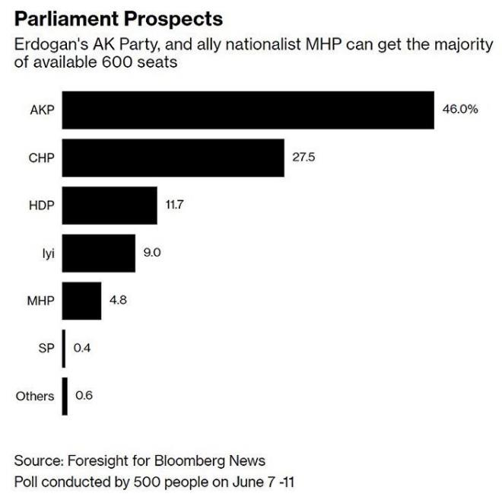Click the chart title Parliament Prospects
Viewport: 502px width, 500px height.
click(119, 19)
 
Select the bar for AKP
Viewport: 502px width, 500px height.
click(248, 110)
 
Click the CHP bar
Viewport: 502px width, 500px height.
click(173, 158)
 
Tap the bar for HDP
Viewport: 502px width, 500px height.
click(110, 205)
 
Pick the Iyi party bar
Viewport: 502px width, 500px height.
click(99, 253)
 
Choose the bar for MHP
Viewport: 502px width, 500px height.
click(81, 301)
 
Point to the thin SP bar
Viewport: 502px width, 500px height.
click(65, 349)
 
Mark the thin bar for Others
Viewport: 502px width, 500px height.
click(65, 396)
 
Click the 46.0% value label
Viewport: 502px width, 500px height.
click(460, 110)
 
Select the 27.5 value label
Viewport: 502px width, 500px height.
click(304, 158)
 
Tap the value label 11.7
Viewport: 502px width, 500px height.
click(176, 205)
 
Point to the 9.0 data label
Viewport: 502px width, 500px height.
click(152, 253)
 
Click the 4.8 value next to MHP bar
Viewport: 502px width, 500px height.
click(118, 301)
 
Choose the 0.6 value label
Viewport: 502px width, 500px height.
click(84, 396)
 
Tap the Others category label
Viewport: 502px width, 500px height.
click(35, 396)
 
